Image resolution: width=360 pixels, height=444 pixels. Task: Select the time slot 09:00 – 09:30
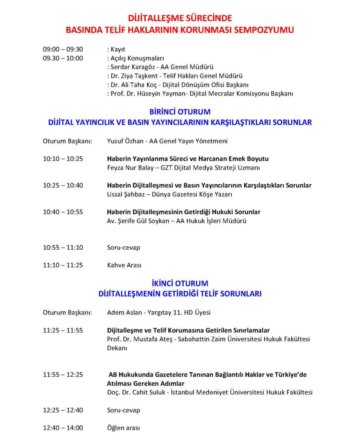click(63, 49)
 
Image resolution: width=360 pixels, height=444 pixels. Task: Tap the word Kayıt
click(117, 49)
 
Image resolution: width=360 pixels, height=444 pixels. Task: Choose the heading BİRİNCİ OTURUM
click(180, 113)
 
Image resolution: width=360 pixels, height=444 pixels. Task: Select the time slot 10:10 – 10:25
click(63, 159)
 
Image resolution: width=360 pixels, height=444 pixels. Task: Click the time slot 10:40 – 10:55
click(63, 212)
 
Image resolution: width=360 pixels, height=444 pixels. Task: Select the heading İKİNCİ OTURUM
click(180, 284)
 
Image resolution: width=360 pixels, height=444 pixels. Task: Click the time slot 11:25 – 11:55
click(63, 330)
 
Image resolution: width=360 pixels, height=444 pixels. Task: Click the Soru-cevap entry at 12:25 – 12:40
click(123, 410)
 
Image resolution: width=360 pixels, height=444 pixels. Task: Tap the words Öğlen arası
click(123, 428)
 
